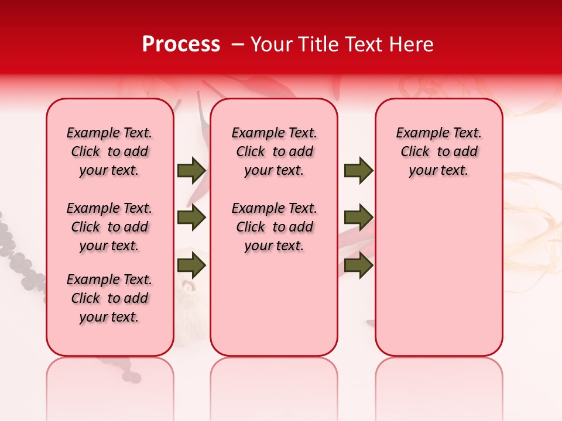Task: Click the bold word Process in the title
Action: tap(181, 44)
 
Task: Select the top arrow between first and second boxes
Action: tap(191, 171)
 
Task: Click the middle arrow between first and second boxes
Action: tap(191, 218)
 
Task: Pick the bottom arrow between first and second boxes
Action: tap(191, 265)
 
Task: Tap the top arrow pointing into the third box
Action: tap(358, 171)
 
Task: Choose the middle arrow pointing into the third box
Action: tap(358, 218)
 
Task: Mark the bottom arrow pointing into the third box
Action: tap(358, 265)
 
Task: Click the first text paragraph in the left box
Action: tap(109, 151)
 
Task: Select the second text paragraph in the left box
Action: tap(109, 227)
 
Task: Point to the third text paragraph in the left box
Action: tap(109, 298)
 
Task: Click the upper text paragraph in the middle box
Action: tap(275, 151)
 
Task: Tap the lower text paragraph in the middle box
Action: tap(275, 227)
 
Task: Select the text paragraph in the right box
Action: tap(439, 151)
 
